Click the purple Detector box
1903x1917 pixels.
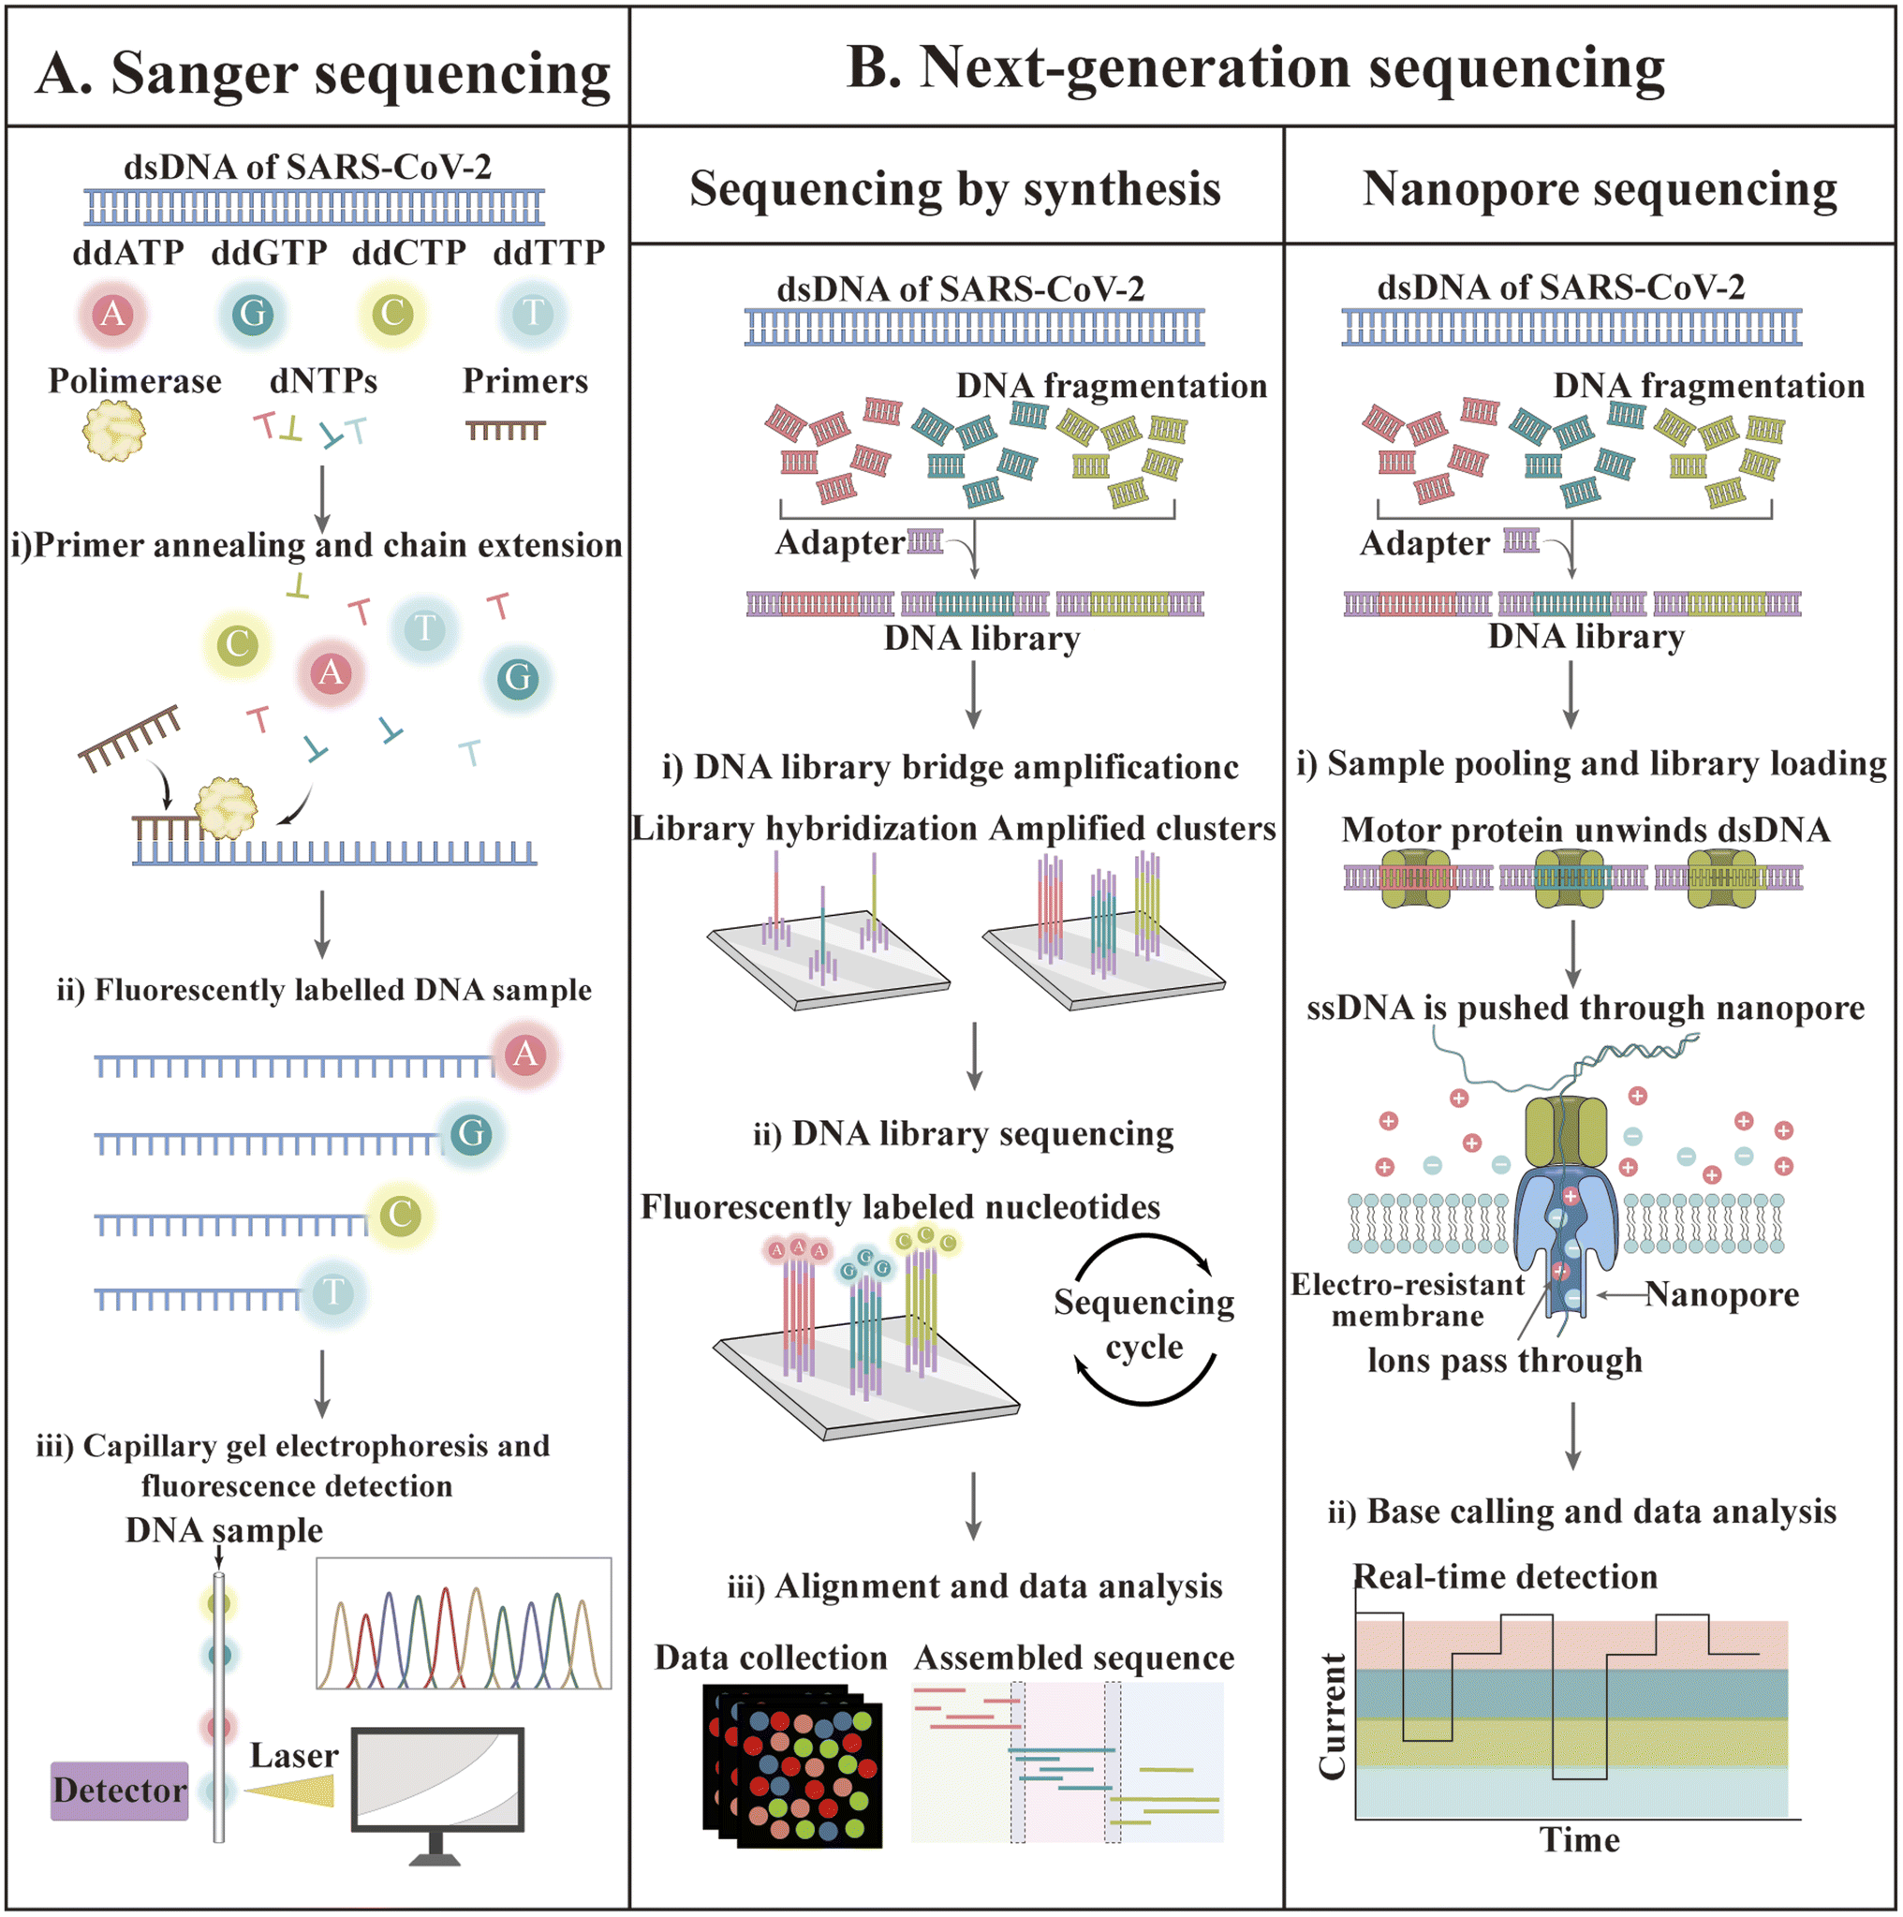coord(119,1791)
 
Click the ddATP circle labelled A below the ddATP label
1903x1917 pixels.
coord(113,315)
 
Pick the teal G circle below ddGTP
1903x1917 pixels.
coord(253,315)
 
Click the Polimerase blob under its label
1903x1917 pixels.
coord(113,431)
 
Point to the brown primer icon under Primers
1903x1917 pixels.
coord(505,430)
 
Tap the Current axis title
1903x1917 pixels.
coord(1333,1716)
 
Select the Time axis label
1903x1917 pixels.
coord(1580,1840)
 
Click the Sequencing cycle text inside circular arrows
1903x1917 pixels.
coord(1144,1323)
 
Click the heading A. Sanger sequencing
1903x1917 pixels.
coord(322,73)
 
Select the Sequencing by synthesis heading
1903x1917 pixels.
coord(954,188)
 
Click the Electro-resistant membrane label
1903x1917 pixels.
coord(1407,1300)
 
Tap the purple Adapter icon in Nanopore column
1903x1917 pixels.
coord(1520,540)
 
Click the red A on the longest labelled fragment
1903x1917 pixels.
coord(526,1054)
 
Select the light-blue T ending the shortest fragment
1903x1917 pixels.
coord(333,1293)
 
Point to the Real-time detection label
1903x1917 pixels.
coord(1505,1577)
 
